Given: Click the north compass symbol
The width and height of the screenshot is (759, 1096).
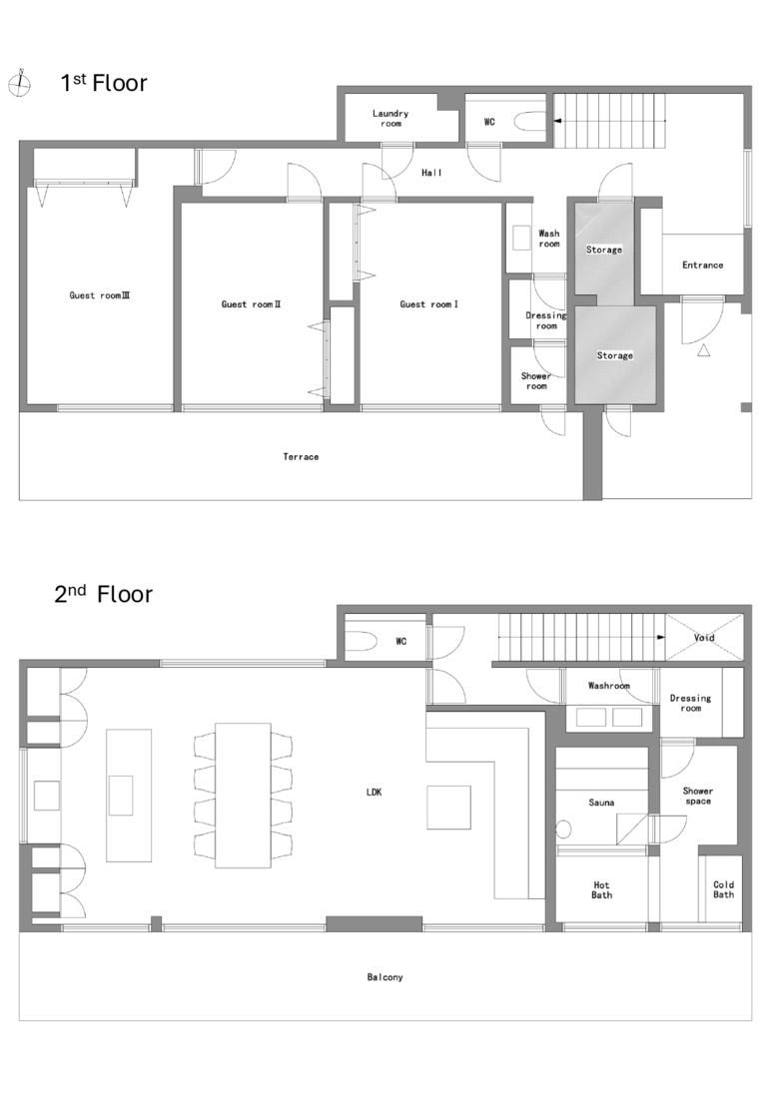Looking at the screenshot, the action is [20, 84].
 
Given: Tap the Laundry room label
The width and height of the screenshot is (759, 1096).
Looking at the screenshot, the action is [390, 118].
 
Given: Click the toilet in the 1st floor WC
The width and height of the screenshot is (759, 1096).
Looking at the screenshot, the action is [529, 123].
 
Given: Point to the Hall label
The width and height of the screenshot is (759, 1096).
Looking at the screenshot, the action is [431, 173].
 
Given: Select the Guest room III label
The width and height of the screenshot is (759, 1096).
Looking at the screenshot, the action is [99, 295].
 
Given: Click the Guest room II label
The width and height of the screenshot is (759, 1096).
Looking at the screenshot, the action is [251, 304].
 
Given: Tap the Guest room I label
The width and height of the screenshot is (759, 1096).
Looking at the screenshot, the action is [428, 304].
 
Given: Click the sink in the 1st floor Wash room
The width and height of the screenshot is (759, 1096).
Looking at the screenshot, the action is [522, 238].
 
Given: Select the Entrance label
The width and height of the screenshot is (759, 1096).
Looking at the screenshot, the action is [702, 265].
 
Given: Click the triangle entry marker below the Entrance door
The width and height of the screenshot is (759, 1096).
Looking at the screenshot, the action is [704, 351].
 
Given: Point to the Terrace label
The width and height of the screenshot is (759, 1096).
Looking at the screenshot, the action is [301, 456].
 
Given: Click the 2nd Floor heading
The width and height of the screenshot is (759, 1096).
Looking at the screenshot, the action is [104, 594].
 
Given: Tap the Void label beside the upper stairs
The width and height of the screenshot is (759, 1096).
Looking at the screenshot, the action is [704, 638].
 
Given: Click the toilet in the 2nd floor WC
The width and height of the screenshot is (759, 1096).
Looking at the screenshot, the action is [363, 641].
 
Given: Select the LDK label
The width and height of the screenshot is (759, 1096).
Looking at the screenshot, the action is [375, 792].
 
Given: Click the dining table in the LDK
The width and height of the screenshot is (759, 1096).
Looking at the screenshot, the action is [243, 796].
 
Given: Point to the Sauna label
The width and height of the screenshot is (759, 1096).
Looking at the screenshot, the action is [601, 803].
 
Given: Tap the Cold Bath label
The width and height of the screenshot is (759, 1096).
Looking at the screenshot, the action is [723, 889].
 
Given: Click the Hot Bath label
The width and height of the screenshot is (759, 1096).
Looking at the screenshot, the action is [601, 889].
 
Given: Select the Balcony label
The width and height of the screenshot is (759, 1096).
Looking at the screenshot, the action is [384, 977].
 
